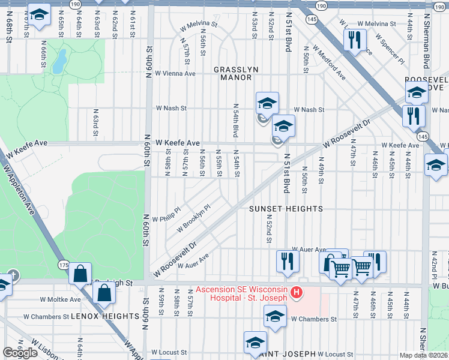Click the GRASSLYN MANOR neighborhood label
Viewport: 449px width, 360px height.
pos(236,73)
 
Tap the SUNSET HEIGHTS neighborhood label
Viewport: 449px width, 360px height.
pos(286,209)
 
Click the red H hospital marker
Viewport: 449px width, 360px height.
pos(296,293)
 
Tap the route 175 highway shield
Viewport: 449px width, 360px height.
pos(64,265)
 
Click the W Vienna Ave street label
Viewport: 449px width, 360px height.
pos(175,74)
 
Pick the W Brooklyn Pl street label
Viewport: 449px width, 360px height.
pos(193,219)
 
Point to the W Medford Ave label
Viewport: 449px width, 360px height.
pos(329,64)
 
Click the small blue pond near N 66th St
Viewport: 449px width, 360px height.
pos(59,61)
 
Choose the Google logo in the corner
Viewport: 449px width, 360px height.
pos(20,353)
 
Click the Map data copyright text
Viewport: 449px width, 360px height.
pos(423,355)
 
